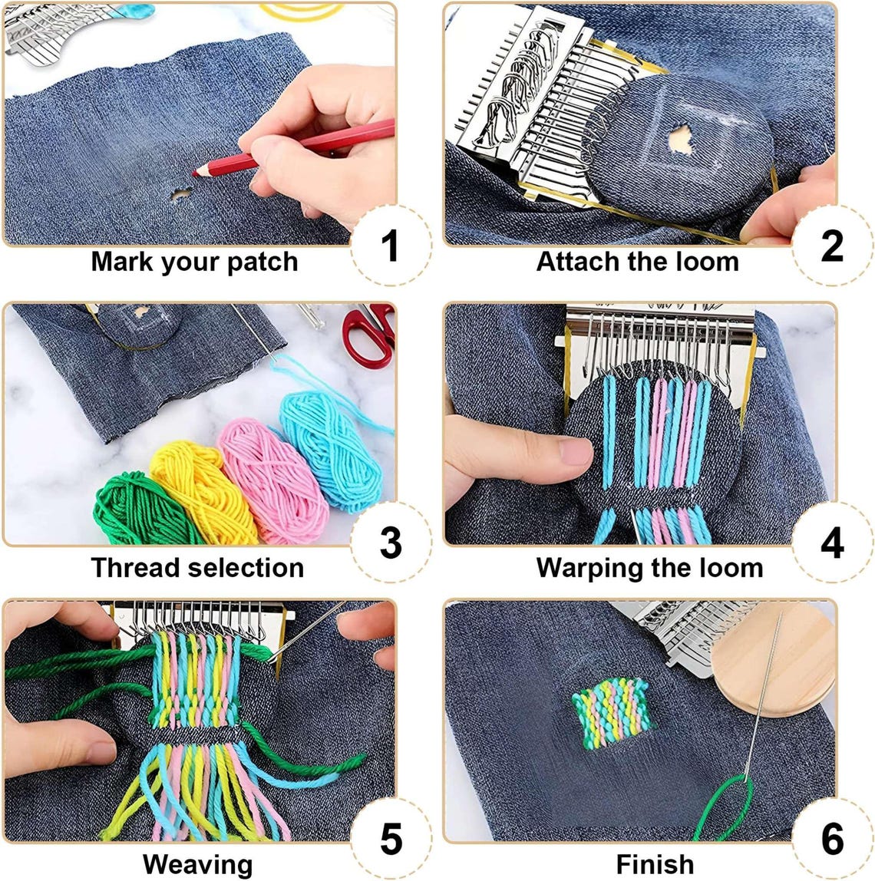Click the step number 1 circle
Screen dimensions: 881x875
coord(391,245)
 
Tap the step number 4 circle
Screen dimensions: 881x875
coord(831,543)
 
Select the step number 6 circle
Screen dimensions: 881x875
coord(831,839)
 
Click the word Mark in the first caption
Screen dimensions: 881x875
coord(123,262)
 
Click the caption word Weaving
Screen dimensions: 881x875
coord(197,864)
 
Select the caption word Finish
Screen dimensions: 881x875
coord(655,864)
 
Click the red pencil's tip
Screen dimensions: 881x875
coord(196,173)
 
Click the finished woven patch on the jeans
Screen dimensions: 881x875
coord(612,713)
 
